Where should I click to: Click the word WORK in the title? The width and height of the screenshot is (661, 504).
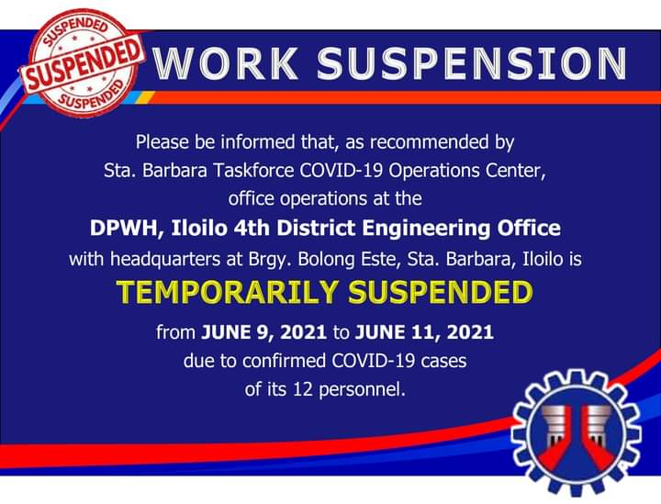click(226, 63)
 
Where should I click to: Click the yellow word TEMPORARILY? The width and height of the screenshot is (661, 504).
click(228, 292)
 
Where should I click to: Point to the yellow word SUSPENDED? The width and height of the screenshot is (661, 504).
click(441, 292)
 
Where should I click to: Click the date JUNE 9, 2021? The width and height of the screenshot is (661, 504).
click(263, 332)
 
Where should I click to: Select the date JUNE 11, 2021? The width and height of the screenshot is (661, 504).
click(424, 332)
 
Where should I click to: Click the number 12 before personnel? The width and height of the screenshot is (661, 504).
click(302, 388)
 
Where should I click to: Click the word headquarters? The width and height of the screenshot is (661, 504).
click(165, 259)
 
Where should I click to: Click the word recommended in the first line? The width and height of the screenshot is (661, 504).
click(429, 142)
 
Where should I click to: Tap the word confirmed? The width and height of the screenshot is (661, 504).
click(285, 361)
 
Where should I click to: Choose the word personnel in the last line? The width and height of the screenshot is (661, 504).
click(362, 389)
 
